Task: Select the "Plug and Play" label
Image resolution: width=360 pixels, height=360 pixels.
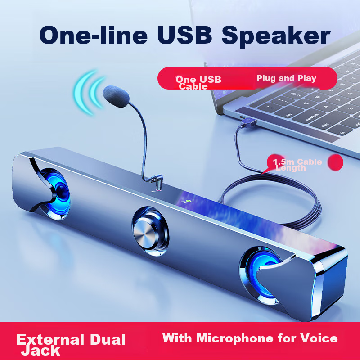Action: coord(286,78)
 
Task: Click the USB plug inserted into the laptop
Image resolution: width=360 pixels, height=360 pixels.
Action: coord(248,121)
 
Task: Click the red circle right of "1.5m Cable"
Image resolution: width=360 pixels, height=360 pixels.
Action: coord(335,162)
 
